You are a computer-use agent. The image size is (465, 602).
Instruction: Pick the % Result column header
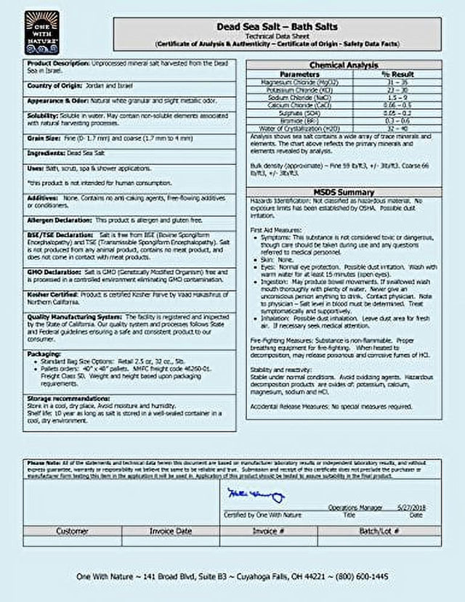pyautogui.click(x=397, y=74)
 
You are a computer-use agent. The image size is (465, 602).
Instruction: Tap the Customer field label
pyautogui.click(x=72, y=531)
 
